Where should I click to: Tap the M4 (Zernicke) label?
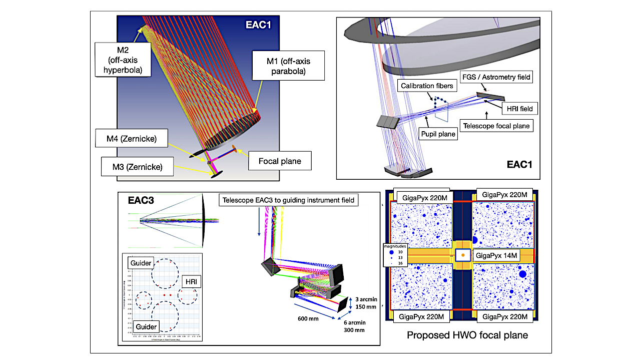pos(132,139)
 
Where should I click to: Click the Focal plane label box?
pos(280,161)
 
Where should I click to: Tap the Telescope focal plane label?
pos(495,126)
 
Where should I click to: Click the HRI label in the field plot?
pos(191,282)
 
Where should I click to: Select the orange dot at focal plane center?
pos(463,255)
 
